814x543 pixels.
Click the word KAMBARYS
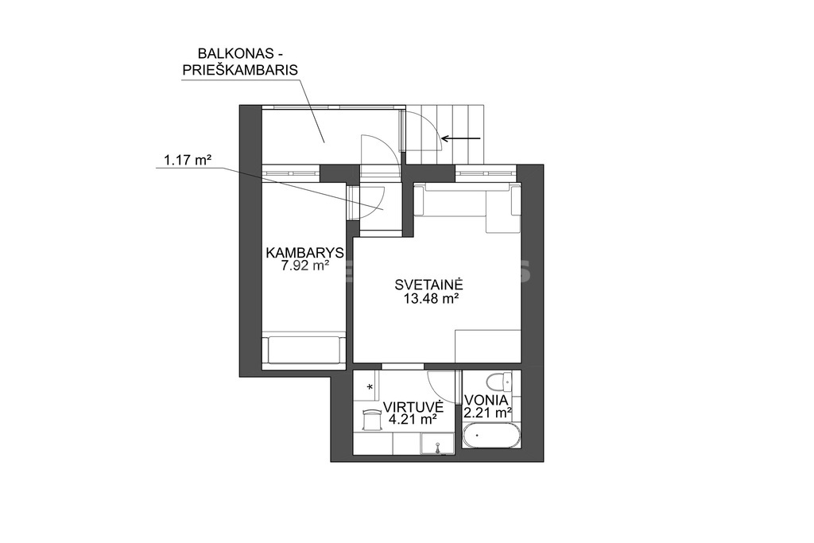tap(304, 253)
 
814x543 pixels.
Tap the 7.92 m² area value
tap(305, 266)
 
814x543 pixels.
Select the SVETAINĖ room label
tap(428, 284)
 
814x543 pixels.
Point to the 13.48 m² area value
tap(430, 298)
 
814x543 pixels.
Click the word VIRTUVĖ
tap(413, 405)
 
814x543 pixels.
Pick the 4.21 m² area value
tap(413, 420)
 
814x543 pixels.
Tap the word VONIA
tap(486, 400)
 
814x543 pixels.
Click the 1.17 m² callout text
tap(188, 161)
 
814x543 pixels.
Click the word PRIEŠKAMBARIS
tap(240, 70)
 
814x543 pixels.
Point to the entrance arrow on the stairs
tap(460, 138)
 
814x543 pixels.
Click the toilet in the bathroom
tap(502, 382)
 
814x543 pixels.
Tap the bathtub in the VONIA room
tap(490, 436)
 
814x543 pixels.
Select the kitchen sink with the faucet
tap(437, 445)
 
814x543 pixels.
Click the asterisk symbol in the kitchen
tap(370, 387)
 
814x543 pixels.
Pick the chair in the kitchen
tap(372, 419)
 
